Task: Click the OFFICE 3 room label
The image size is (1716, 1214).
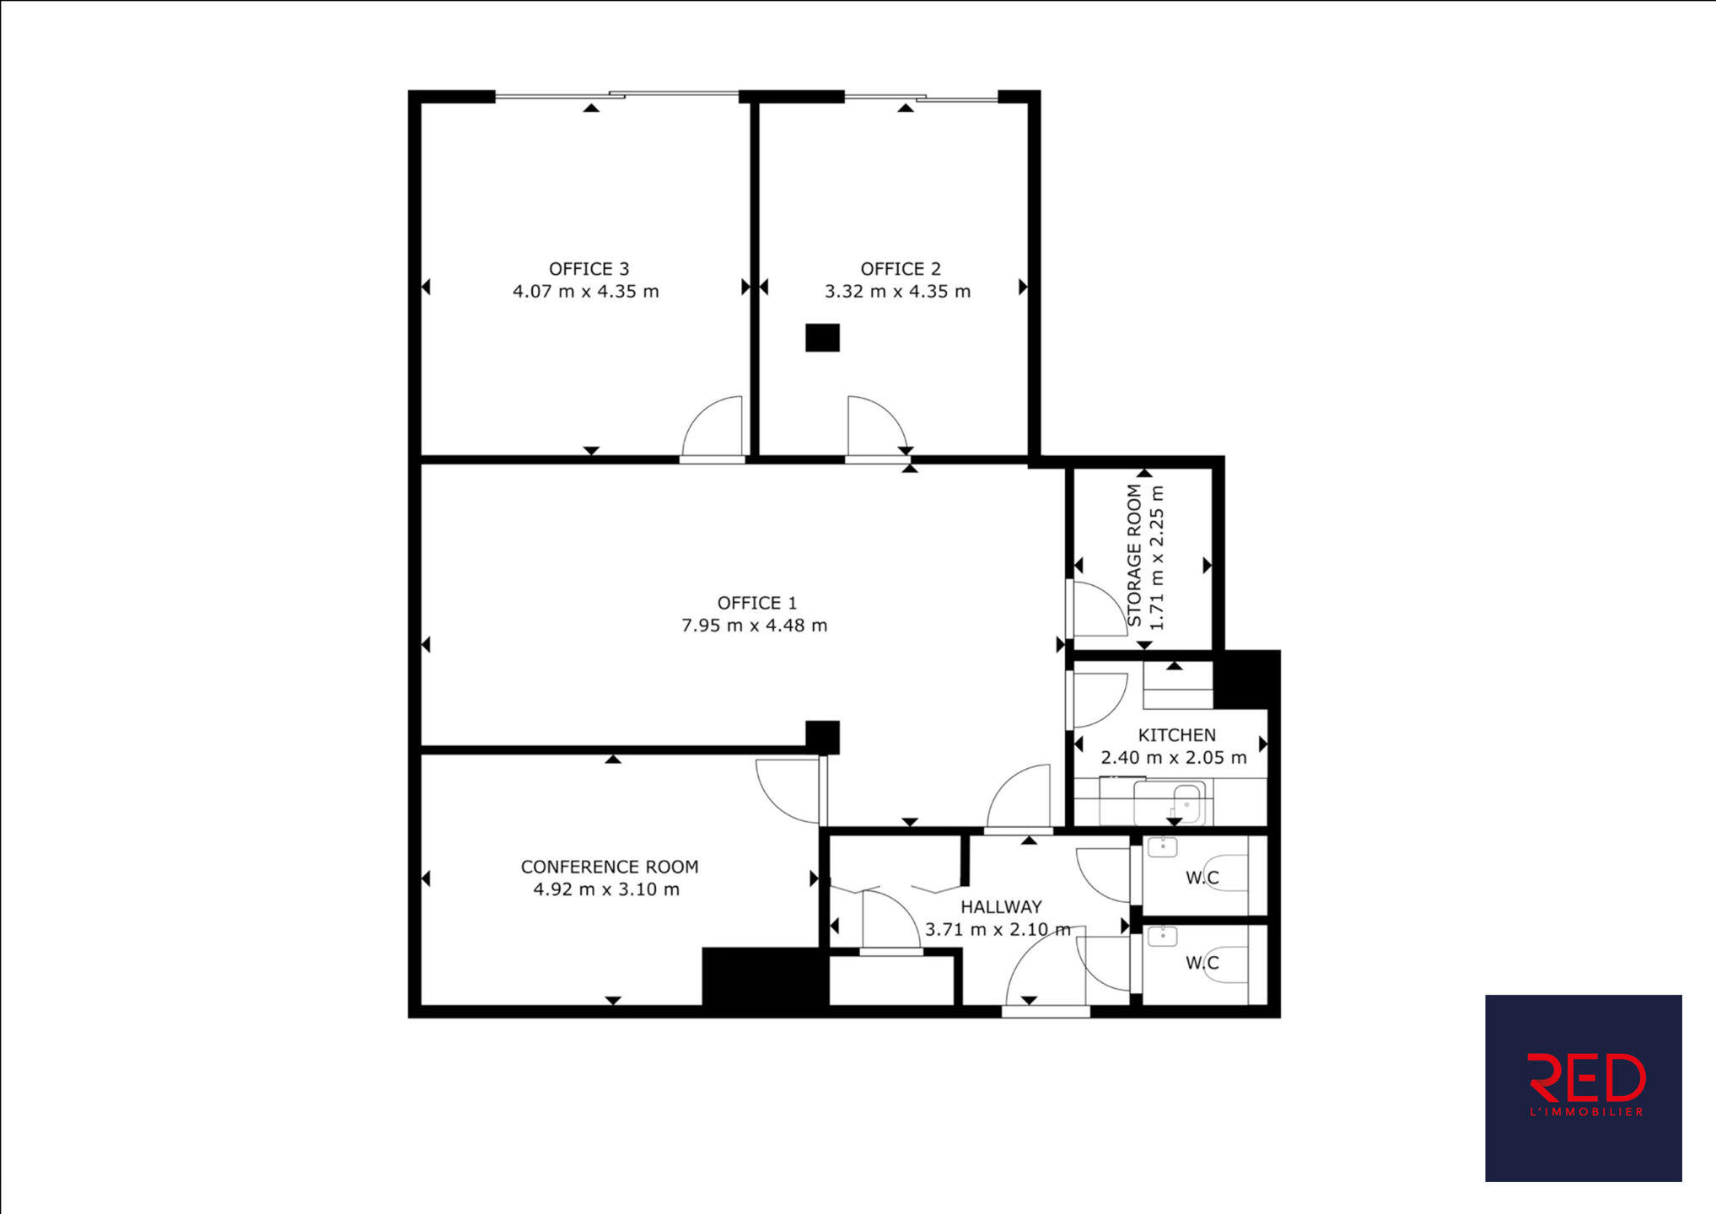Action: click(589, 269)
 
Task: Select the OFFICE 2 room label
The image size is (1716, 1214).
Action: click(900, 269)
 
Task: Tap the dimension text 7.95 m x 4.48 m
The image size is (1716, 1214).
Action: click(754, 626)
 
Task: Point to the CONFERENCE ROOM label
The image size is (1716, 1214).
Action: click(609, 867)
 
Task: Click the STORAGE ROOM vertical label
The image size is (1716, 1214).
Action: click(1134, 556)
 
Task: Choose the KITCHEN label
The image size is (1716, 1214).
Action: click(1176, 735)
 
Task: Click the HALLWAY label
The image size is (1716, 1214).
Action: click(1001, 907)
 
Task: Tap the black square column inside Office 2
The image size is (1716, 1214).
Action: click(822, 337)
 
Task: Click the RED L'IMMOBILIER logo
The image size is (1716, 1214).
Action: click(1583, 1088)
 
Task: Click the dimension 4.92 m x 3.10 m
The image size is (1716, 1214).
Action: click(606, 889)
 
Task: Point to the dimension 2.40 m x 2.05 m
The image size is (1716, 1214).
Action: click(1174, 758)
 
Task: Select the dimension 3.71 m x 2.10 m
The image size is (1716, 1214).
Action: click(998, 930)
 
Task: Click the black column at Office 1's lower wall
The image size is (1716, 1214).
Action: click(822, 738)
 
